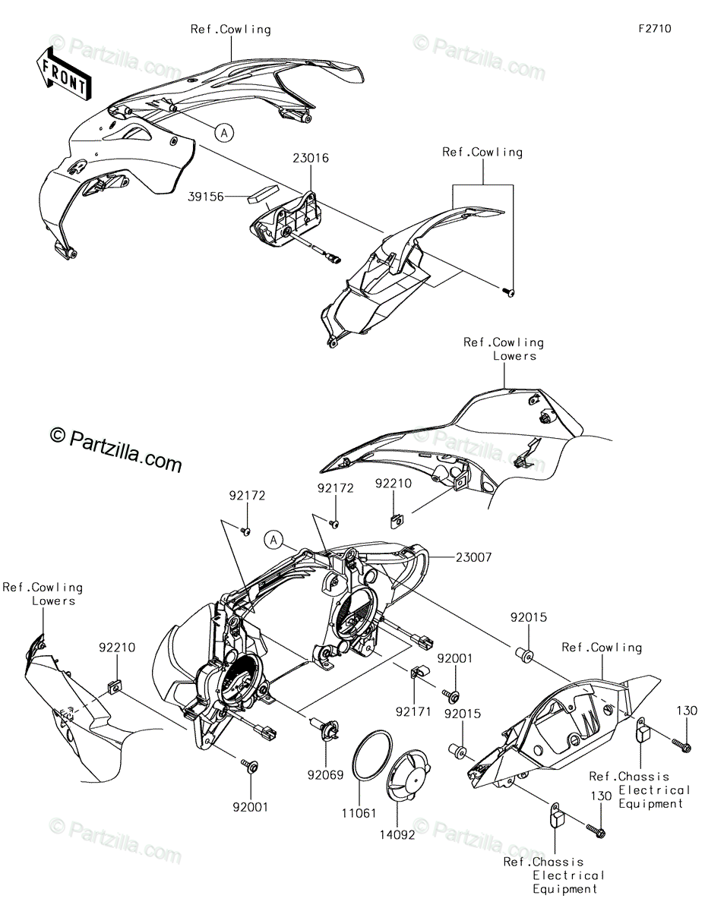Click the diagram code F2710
click(x=654, y=30)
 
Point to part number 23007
click(x=474, y=557)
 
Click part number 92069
click(x=325, y=775)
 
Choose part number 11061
click(x=359, y=812)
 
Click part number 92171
click(x=413, y=712)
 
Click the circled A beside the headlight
click(x=273, y=541)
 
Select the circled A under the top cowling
click(x=223, y=132)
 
